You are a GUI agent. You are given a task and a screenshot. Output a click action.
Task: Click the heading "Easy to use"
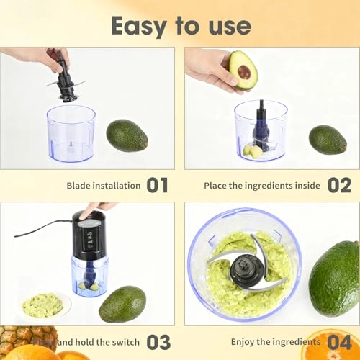pyautogui.click(x=180, y=25)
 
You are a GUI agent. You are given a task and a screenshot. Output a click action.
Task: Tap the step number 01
pyautogui.click(x=157, y=185)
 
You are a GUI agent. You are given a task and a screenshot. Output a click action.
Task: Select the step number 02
pyautogui.click(x=338, y=185)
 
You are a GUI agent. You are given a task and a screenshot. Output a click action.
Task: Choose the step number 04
pyautogui.click(x=338, y=341)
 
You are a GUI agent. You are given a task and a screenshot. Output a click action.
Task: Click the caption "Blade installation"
pyautogui.click(x=104, y=186)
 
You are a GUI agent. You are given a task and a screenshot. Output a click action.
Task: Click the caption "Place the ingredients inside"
pyautogui.click(x=261, y=186)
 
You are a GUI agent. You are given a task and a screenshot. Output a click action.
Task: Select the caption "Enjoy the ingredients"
pyautogui.click(x=275, y=341)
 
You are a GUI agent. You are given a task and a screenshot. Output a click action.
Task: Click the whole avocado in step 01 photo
pyautogui.click(x=127, y=135)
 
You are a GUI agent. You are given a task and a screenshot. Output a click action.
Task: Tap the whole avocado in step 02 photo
pyautogui.click(x=328, y=140)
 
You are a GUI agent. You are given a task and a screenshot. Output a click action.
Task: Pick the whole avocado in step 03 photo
pyautogui.click(x=122, y=304)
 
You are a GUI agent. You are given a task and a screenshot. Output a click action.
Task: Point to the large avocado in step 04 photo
pyautogui.click(x=334, y=277)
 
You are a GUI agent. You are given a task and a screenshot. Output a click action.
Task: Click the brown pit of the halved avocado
pyautogui.click(x=244, y=72)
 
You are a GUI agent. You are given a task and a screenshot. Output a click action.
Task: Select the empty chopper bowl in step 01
pyautogui.click(x=71, y=132)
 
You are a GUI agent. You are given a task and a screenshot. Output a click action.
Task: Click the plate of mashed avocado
pyautogui.click(x=43, y=305)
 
